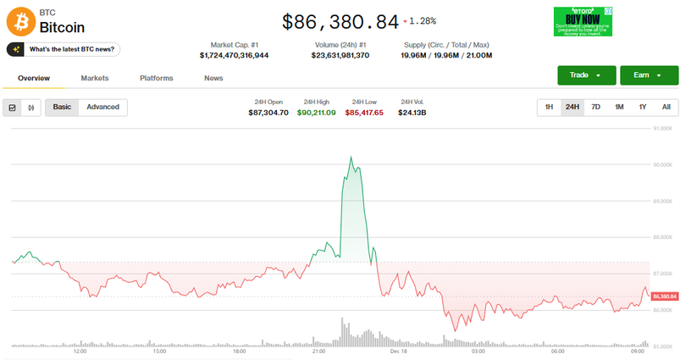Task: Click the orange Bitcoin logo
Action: [x=21, y=21]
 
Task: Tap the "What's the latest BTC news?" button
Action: [x=64, y=50]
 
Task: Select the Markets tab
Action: [x=95, y=78]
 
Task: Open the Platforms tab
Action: [x=156, y=78]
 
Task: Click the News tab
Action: [x=213, y=78]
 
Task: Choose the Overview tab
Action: [x=34, y=78]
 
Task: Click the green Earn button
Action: [x=649, y=75]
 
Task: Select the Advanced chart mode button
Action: [x=102, y=108]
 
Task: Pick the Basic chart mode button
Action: [x=62, y=108]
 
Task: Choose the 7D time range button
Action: [x=595, y=108]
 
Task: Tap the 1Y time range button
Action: [x=643, y=108]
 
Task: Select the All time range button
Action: [x=666, y=108]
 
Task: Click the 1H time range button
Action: [x=549, y=108]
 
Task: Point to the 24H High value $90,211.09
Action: [x=316, y=113]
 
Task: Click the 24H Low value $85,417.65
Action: [x=364, y=113]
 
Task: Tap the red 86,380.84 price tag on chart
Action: [x=665, y=296]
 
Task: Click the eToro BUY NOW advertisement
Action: [x=583, y=21]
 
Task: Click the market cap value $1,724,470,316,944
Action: [x=235, y=55]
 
